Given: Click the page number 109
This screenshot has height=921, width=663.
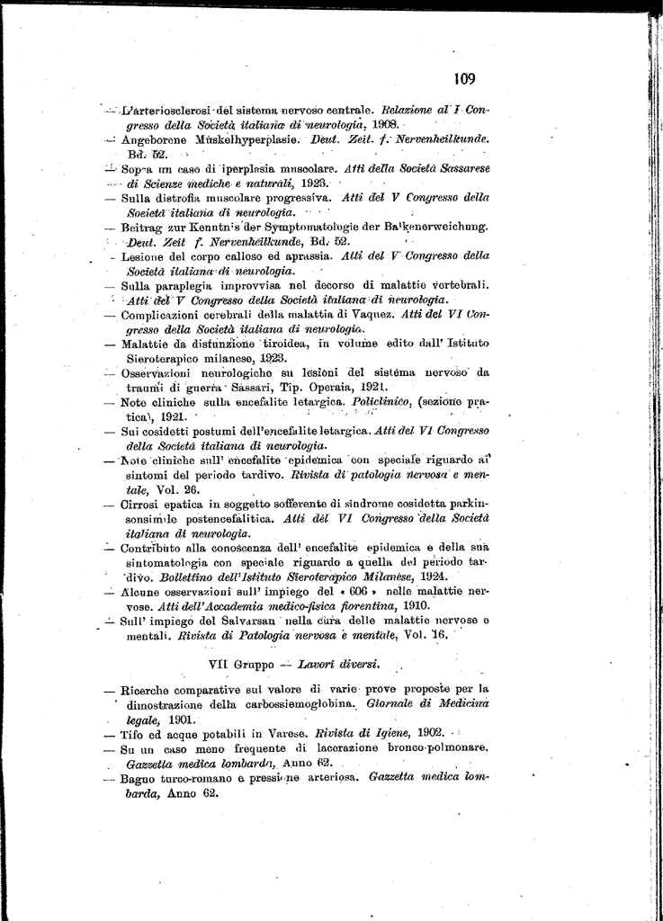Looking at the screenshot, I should click(x=464, y=79).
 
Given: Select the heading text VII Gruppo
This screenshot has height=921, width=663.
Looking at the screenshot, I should click(x=241, y=665).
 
